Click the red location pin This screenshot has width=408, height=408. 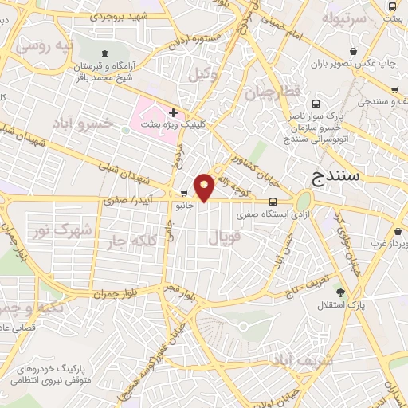click(205, 186)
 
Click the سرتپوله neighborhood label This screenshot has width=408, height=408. click(343, 17)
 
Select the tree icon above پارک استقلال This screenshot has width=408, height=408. click(340, 292)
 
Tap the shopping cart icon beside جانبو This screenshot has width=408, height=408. click(184, 193)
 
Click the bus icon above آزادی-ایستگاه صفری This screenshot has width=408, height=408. click(273, 202)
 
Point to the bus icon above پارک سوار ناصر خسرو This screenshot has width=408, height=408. click(316, 104)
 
